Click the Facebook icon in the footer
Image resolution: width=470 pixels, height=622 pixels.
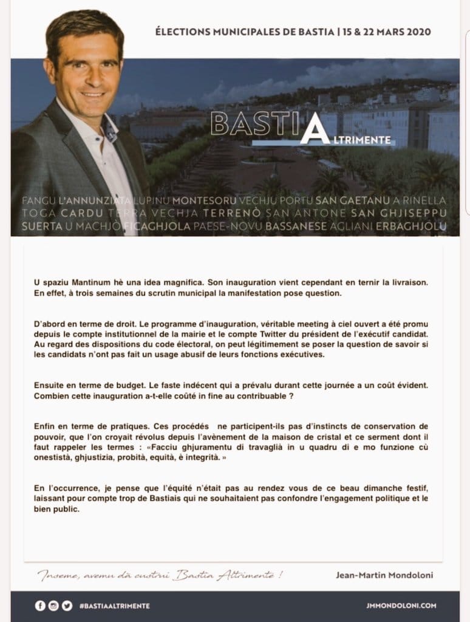tap(40, 606)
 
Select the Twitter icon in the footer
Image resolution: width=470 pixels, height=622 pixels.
tap(66, 606)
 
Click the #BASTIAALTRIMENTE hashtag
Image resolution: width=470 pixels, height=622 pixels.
tap(114, 606)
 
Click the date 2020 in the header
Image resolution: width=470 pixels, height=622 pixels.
tap(420, 32)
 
